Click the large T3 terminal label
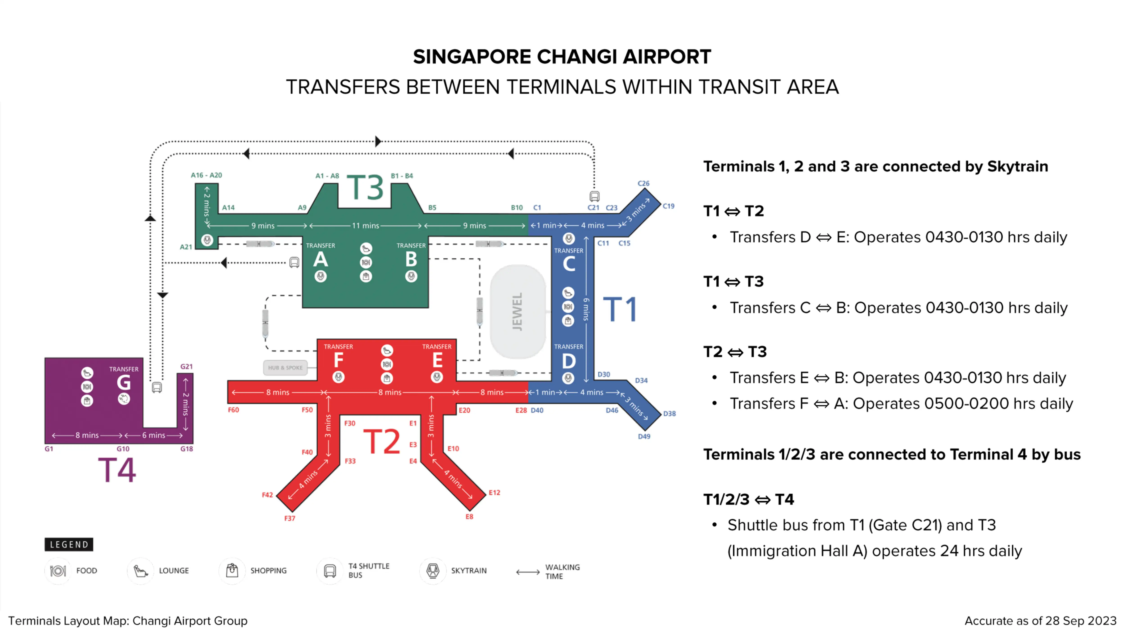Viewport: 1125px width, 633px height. (365, 188)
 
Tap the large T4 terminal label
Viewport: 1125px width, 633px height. (117, 470)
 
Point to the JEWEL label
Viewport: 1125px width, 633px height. (517, 312)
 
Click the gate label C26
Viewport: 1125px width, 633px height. (643, 183)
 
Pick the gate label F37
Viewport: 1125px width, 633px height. (290, 519)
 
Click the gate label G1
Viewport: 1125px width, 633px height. (49, 449)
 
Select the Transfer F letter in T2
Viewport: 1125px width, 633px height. (338, 360)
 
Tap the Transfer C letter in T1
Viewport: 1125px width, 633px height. (569, 264)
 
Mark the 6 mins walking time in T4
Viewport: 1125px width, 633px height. (154, 436)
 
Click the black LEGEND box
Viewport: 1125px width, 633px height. (69, 545)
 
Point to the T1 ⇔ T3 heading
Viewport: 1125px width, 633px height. (734, 282)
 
